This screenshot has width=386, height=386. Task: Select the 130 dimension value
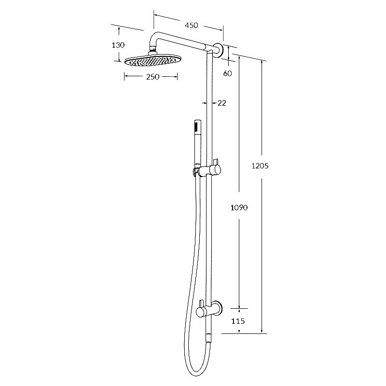coord(118,45)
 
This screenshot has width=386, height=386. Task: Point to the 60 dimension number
coord(228,73)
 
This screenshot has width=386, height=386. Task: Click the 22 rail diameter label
coord(222,103)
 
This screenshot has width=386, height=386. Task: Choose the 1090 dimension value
coord(239,208)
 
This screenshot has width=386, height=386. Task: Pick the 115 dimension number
coord(238,321)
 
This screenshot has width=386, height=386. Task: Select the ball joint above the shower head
coord(153,48)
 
